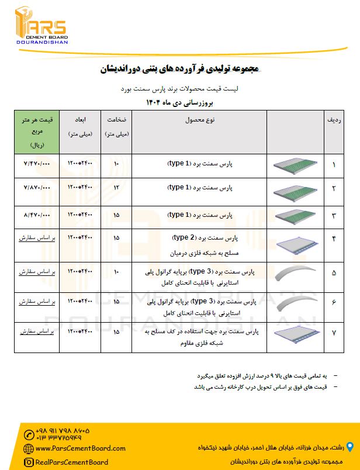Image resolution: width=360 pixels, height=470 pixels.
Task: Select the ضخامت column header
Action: (116, 126)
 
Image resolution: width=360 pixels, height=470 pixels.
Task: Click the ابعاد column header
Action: (80, 126)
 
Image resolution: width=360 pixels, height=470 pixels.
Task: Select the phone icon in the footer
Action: (29, 434)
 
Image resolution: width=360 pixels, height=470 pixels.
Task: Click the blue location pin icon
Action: (350, 447)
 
